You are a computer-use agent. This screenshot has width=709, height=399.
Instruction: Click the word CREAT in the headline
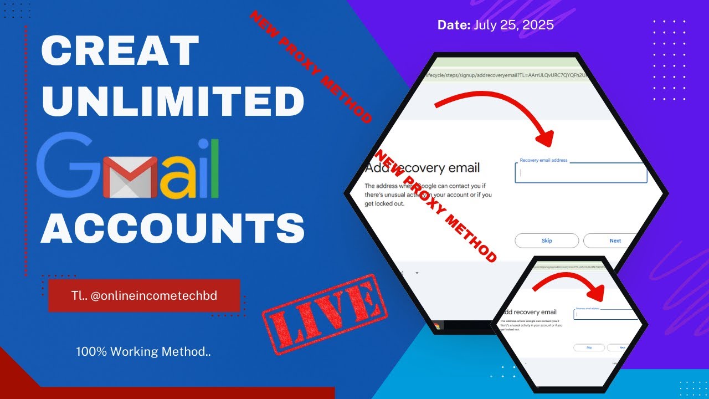[120, 51]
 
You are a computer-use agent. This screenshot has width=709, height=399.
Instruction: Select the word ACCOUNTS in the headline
[173, 228]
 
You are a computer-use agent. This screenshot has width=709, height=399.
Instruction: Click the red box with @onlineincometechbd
[144, 296]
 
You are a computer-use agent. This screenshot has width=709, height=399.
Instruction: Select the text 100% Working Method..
[143, 351]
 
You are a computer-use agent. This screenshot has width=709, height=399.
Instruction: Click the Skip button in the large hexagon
[547, 241]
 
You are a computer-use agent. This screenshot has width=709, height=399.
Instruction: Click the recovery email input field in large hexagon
[580, 173]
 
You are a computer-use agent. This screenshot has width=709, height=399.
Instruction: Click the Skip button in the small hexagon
[589, 347]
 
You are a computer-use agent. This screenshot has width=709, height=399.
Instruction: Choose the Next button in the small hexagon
[621, 347]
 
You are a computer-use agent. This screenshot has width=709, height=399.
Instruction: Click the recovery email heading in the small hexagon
[529, 312]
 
